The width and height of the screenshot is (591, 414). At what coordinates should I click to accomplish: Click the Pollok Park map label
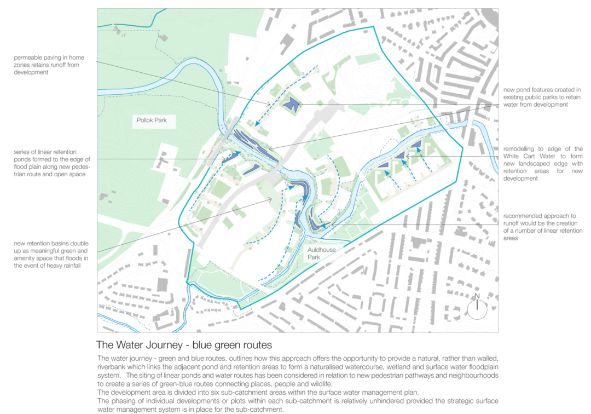point(153,120)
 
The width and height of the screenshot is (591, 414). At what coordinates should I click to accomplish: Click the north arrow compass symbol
point(477,308)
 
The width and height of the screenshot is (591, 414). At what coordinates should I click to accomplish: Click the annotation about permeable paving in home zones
point(49,65)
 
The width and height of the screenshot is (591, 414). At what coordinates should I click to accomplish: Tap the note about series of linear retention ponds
point(49,163)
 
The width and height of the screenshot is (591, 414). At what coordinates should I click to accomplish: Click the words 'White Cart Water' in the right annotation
point(535,156)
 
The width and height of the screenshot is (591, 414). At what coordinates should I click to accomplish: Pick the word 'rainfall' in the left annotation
point(79,266)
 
